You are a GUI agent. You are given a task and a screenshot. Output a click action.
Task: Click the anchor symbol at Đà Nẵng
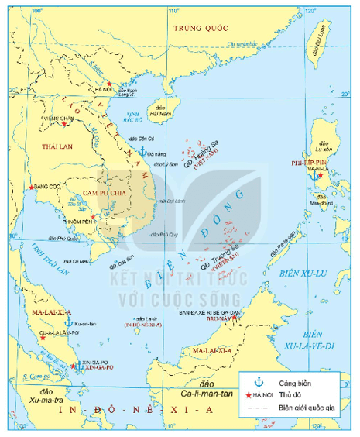142,149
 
